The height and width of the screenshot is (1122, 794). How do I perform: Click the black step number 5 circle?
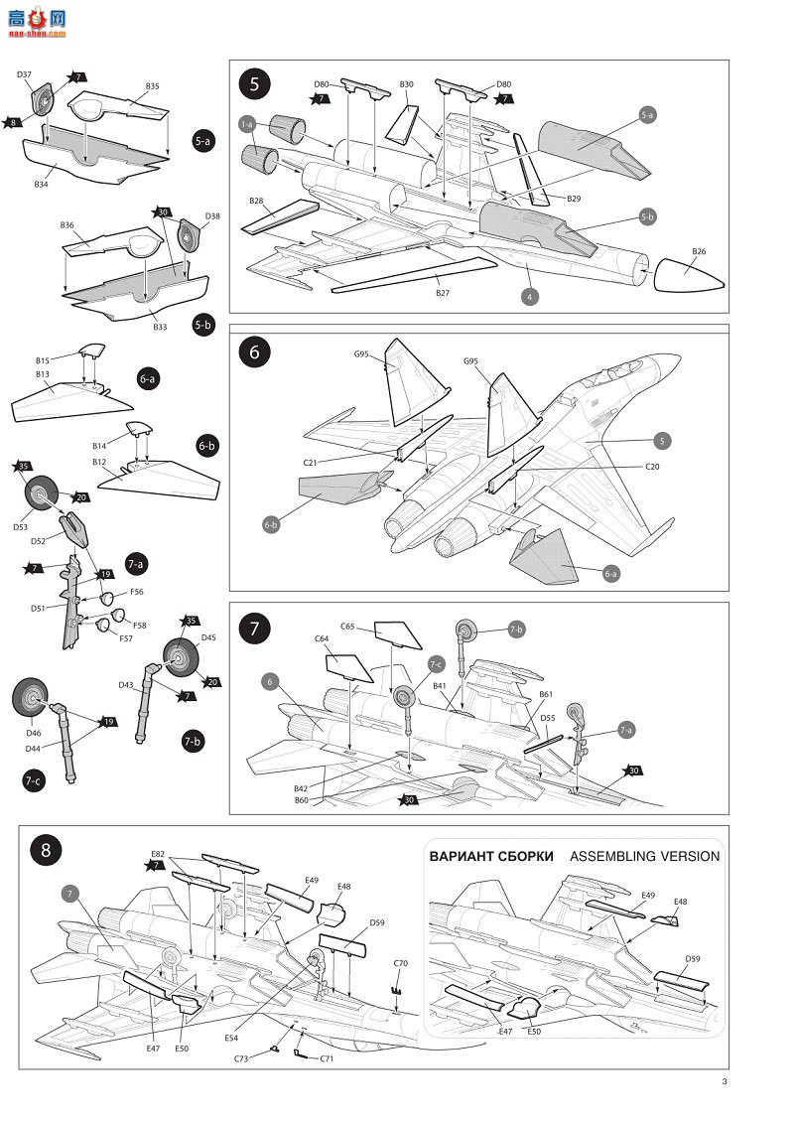tap(254, 84)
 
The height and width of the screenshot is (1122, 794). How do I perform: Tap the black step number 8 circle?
tap(45, 850)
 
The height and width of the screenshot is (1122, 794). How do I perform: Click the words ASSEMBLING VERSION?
tap(645, 856)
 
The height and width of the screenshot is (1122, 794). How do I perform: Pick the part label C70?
tap(401, 963)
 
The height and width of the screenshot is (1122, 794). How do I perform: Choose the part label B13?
tap(43, 374)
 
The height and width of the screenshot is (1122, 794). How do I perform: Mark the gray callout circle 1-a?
tap(248, 125)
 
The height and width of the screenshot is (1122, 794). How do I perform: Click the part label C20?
tap(652, 466)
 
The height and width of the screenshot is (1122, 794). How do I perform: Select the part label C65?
tap(348, 628)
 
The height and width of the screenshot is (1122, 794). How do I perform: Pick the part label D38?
tap(211, 215)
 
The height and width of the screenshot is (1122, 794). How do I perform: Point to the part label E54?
tap(231, 1039)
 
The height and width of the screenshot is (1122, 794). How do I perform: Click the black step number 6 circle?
tap(254, 352)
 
